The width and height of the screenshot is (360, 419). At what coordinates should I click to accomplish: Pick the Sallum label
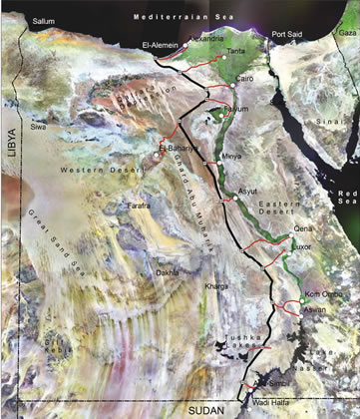point(43,20)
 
